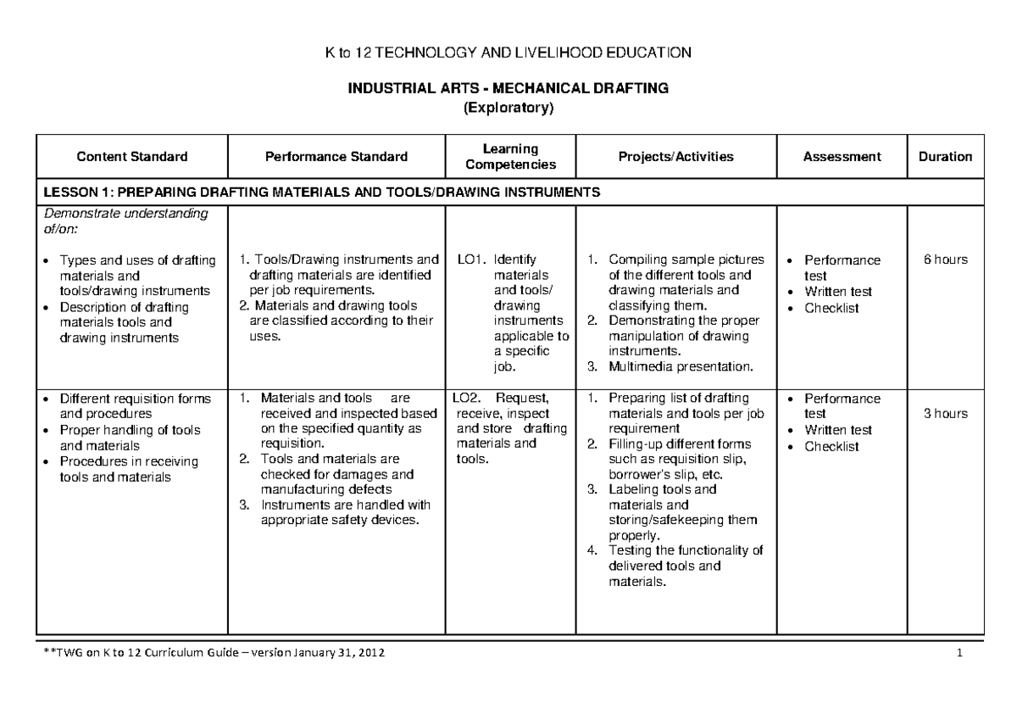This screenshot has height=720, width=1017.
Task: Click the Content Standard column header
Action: [132, 157]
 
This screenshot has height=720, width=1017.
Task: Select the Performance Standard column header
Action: [336, 157]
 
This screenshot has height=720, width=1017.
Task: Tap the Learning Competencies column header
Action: [511, 157]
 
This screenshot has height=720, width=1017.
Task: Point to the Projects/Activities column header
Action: [676, 157]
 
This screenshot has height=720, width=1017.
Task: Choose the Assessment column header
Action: [843, 157]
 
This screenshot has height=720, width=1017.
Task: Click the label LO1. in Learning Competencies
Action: [470, 260]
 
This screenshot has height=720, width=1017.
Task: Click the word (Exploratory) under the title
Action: [509, 108]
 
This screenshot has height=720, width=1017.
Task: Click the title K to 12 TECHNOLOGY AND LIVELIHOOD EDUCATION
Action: [509, 53]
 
